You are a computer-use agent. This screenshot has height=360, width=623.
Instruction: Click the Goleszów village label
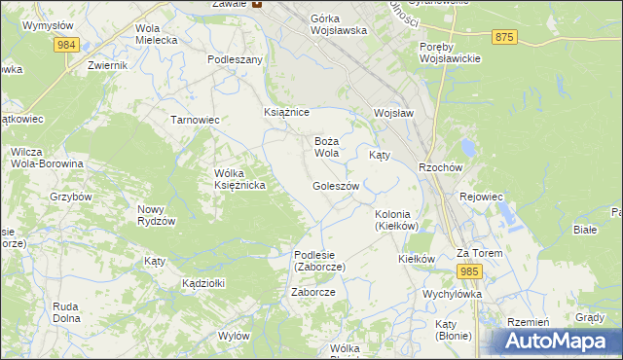click(336, 186)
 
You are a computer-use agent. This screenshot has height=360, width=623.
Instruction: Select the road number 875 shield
click(503, 36)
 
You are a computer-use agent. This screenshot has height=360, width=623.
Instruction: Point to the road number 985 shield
click(470, 270)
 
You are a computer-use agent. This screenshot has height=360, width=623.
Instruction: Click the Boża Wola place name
click(326, 147)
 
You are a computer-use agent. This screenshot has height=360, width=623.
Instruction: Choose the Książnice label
click(287, 113)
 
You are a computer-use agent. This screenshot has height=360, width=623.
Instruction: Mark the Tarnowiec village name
click(195, 120)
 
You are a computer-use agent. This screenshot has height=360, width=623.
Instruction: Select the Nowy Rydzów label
click(156, 215)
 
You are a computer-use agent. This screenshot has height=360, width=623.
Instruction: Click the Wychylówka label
click(453, 293)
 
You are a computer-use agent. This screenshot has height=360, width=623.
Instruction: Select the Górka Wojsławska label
click(339, 24)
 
